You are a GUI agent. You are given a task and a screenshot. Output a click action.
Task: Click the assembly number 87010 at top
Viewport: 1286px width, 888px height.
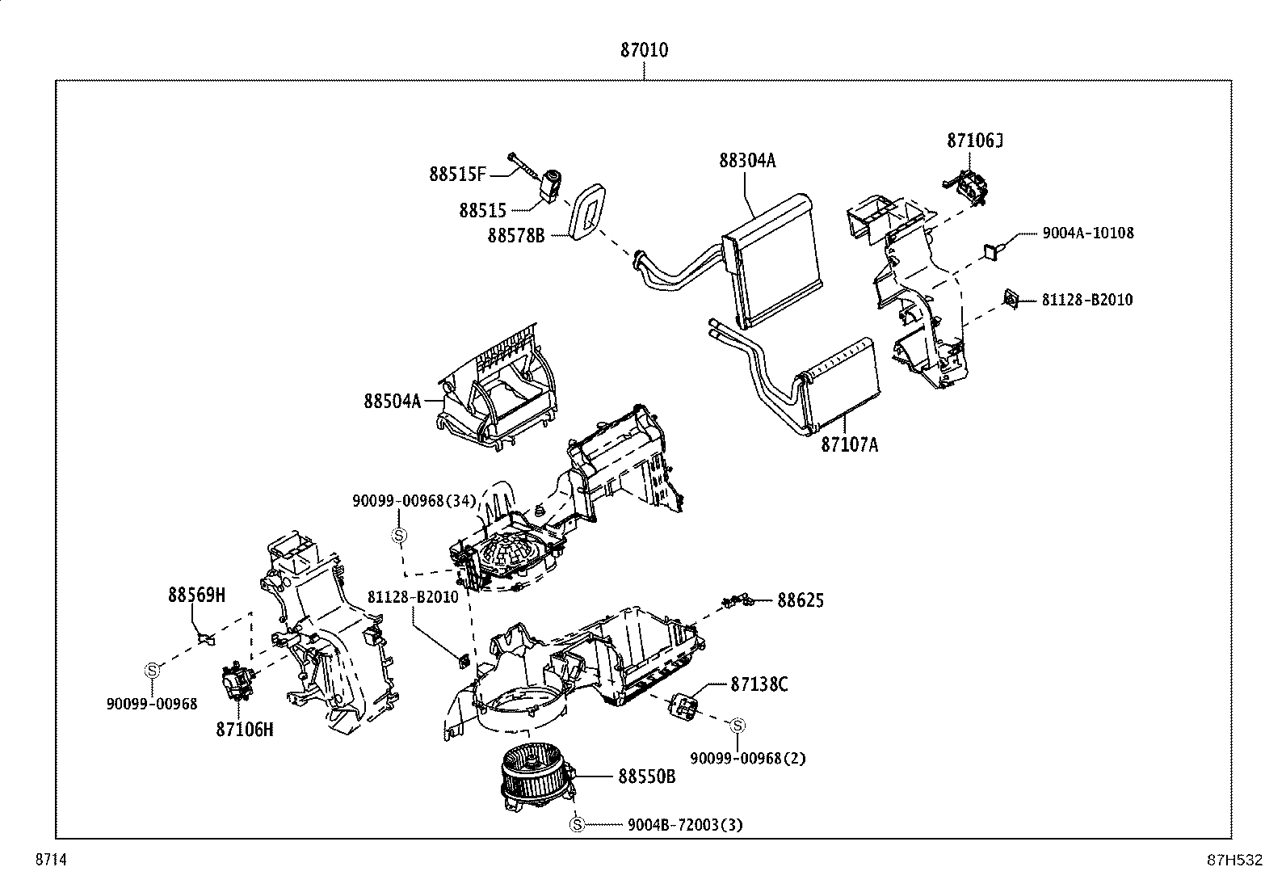click(644, 50)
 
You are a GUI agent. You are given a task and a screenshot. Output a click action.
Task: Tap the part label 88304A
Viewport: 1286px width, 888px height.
click(747, 161)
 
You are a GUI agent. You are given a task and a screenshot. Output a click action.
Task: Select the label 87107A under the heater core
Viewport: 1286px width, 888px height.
click(849, 444)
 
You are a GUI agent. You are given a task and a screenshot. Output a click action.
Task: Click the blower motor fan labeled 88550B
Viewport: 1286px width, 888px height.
click(533, 780)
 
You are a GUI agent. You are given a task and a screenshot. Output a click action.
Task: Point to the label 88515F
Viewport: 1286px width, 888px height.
click(457, 175)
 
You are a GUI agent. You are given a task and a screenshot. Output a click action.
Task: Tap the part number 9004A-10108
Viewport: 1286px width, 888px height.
click(1087, 233)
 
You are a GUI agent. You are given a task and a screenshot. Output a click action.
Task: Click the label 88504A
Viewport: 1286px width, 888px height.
click(392, 401)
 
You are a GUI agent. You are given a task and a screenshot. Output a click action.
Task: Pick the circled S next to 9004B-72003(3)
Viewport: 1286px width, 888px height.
click(576, 825)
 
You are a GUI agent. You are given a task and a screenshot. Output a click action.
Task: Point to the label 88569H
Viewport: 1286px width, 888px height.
click(196, 596)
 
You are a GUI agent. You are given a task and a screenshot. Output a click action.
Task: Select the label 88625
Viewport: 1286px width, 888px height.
click(801, 600)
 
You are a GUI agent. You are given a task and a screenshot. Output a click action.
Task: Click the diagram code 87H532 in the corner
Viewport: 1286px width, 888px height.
click(1233, 861)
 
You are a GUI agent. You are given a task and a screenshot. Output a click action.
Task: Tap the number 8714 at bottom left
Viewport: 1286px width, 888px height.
click(49, 861)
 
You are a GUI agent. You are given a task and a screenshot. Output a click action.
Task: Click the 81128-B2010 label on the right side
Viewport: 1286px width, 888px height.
click(1086, 300)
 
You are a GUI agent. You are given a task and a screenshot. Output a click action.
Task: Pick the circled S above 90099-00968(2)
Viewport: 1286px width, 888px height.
click(738, 726)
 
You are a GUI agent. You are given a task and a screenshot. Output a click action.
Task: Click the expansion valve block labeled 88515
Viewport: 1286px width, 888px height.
click(552, 186)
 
